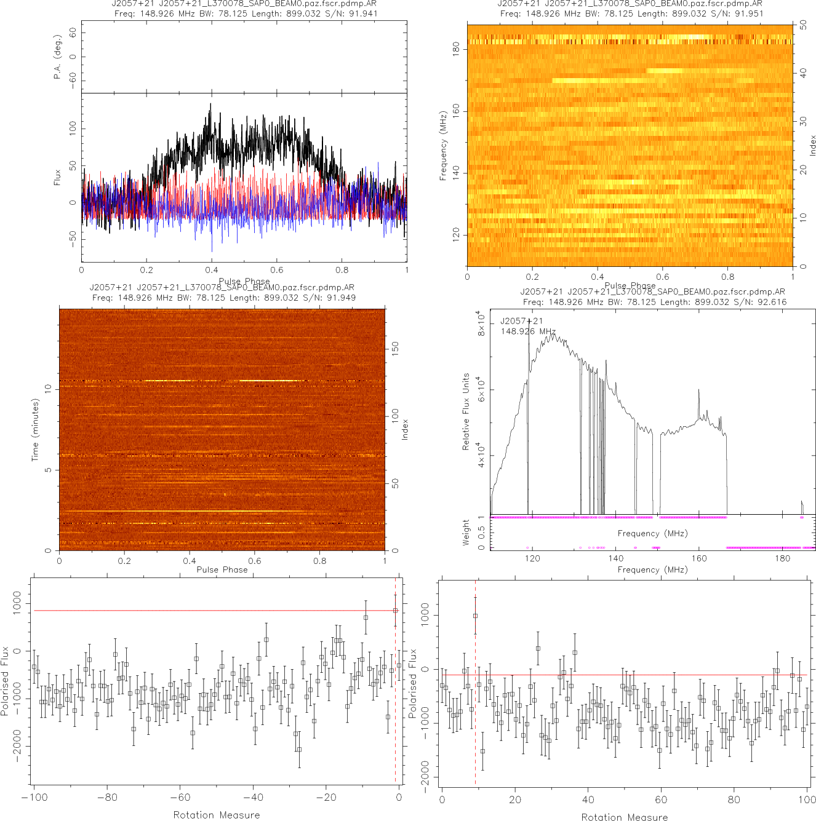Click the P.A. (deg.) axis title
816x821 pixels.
(57, 57)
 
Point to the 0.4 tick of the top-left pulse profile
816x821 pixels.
(212, 270)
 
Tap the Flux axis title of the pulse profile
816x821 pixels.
(57, 178)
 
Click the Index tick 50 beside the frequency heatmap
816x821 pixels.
(803, 25)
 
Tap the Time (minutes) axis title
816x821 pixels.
(35, 430)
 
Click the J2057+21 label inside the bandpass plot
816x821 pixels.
(521, 321)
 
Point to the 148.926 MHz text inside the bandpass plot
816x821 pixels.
(528, 331)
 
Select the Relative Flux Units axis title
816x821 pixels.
(466, 411)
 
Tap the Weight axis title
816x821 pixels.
(466, 533)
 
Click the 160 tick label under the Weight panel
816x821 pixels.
(699, 558)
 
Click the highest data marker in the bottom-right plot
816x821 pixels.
(475, 616)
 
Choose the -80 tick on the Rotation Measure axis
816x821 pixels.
(107, 798)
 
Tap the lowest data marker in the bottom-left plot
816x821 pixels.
(299, 750)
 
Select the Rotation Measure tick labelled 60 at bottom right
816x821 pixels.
(661, 800)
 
